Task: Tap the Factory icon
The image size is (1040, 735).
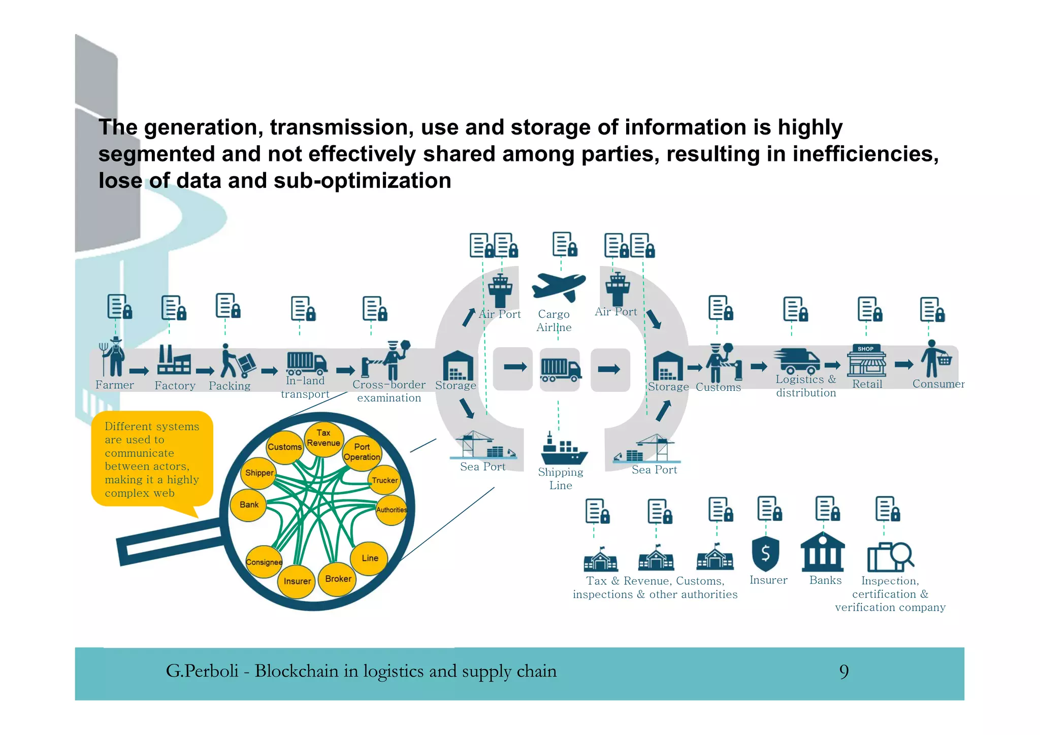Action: tap(174, 360)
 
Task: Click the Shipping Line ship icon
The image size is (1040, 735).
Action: tap(563, 449)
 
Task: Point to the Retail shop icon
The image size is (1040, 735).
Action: tap(866, 361)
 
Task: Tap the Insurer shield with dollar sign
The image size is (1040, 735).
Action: tap(765, 554)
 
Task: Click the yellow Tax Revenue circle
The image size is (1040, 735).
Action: tap(323, 438)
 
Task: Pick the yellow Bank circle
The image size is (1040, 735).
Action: tap(249, 505)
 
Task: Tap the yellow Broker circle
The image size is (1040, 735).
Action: tap(338, 579)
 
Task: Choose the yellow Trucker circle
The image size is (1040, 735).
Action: tap(384, 480)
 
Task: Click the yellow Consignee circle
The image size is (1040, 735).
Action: tap(264, 562)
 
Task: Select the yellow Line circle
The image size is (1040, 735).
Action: tap(370, 558)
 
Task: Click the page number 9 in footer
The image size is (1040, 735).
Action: tap(844, 672)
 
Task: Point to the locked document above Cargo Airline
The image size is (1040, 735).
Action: tap(564, 245)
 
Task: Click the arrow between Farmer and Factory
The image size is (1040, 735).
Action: tap(139, 371)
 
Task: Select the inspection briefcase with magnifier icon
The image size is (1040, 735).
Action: tap(890, 556)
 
